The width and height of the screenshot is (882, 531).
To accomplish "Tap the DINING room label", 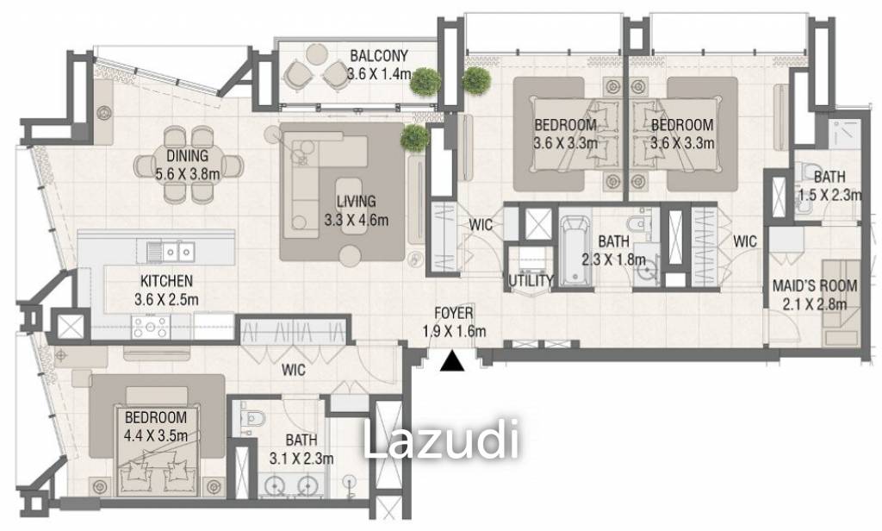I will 187,157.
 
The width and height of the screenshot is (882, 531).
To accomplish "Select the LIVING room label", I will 356,203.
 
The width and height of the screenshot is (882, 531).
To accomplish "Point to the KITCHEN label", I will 166,281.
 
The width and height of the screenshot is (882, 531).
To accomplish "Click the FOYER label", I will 453,315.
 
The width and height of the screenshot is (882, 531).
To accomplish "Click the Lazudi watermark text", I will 442,440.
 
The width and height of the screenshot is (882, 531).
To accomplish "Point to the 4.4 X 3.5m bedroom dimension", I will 155,435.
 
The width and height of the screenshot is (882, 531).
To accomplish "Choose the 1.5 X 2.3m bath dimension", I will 829,195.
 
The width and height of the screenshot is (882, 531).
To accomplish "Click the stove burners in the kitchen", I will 152,326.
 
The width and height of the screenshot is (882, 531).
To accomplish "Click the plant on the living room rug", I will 415,137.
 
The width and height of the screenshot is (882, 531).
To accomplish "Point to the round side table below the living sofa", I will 350,255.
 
